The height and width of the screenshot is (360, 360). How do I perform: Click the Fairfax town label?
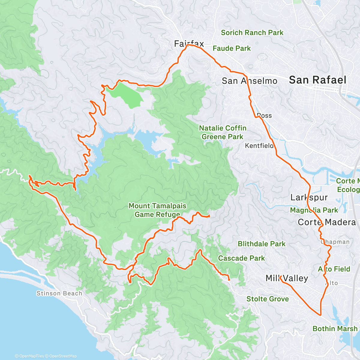[x=189, y=44]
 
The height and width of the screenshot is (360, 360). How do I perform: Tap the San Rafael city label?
[x=317, y=80]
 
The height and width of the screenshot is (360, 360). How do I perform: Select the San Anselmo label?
[x=249, y=81]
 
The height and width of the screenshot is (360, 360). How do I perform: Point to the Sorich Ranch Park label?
[x=252, y=33]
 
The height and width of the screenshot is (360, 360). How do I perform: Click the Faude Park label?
[x=232, y=48]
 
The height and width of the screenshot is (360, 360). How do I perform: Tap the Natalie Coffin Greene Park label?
[x=223, y=132]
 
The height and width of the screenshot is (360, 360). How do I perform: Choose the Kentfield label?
[x=259, y=146]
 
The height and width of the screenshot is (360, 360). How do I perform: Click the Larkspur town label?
[x=309, y=197]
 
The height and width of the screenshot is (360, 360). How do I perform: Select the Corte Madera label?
[x=327, y=222]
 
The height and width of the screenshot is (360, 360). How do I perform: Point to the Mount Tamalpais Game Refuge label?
[x=157, y=210]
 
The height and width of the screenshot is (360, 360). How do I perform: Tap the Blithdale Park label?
[x=262, y=244]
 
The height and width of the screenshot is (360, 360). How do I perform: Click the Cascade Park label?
[x=241, y=258]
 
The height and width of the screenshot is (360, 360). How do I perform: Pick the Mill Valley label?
[x=287, y=278]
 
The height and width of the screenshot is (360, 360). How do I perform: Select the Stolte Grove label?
[x=268, y=299]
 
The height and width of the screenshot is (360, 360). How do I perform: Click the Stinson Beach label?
[x=59, y=293]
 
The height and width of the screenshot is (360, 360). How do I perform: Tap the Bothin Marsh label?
[x=335, y=329]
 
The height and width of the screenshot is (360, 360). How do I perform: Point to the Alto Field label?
[x=334, y=269]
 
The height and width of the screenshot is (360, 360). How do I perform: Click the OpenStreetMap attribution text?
[x=63, y=356]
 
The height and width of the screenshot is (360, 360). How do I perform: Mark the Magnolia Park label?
[x=314, y=210]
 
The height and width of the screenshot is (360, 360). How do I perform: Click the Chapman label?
[x=335, y=242]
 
